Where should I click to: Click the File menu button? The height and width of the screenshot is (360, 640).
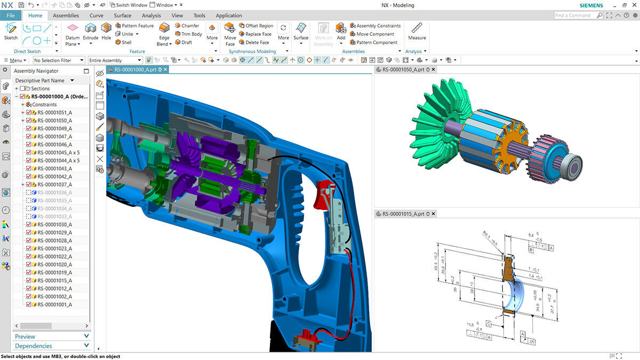(10, 15)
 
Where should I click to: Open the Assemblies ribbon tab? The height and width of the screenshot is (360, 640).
(66, 15)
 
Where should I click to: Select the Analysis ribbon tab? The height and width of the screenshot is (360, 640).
(151, 15)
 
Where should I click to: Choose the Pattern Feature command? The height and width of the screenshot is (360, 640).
(137, 26)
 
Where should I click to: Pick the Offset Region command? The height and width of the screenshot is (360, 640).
(259, 26)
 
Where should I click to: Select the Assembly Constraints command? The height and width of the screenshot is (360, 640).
(378, 26)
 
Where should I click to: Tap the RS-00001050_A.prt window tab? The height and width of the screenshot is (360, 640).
(403, 69)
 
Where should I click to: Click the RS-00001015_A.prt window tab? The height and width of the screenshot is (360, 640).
(403, 213)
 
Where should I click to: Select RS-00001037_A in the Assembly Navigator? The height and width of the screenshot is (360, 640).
(54, 185)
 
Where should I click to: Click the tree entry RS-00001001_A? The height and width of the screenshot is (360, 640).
(54, 305)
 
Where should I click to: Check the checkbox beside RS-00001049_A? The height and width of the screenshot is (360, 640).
(29, 129)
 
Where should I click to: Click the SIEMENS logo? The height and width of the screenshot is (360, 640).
(591, 5)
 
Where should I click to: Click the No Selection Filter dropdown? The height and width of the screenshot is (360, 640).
(59, 60)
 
